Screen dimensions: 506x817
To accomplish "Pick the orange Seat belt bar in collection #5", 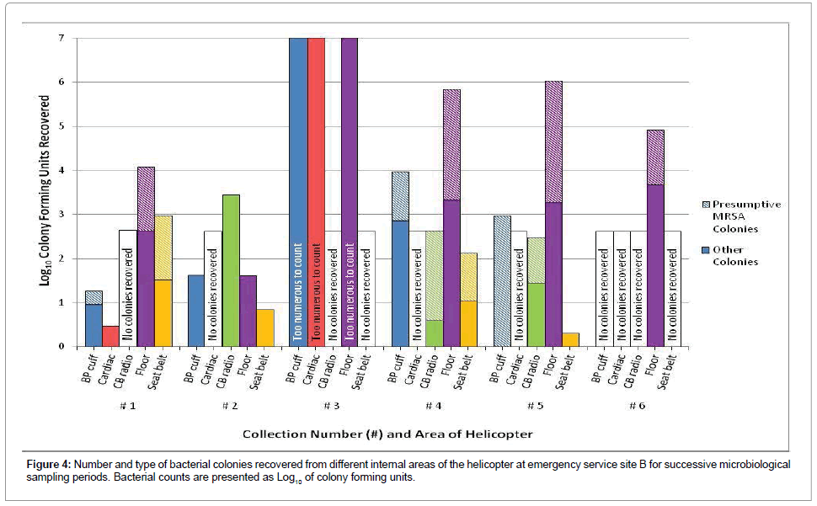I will [x=571, y=340].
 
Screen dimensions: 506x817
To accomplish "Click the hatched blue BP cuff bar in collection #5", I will [x=502, y=281].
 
